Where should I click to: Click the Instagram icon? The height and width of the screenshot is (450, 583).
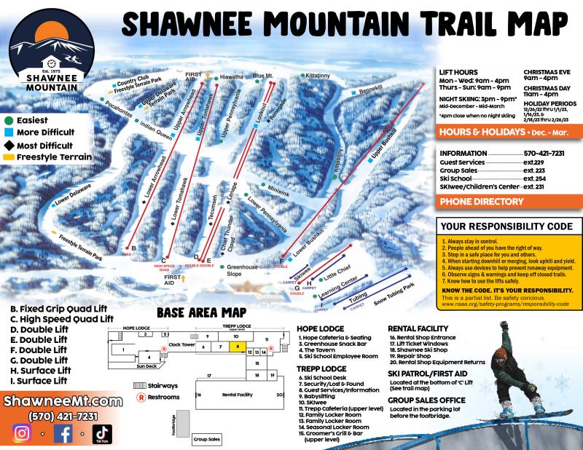(x=23, y=433)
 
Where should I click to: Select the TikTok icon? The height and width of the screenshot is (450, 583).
(x=102, y=435)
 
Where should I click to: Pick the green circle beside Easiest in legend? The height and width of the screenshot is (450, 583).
(x=8, y=119)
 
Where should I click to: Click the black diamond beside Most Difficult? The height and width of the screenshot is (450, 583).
(x=8, y=143)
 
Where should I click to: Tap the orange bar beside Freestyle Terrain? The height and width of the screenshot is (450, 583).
(x=8, y=156)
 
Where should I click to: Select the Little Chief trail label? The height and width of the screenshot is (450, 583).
(x=337, y=269)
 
